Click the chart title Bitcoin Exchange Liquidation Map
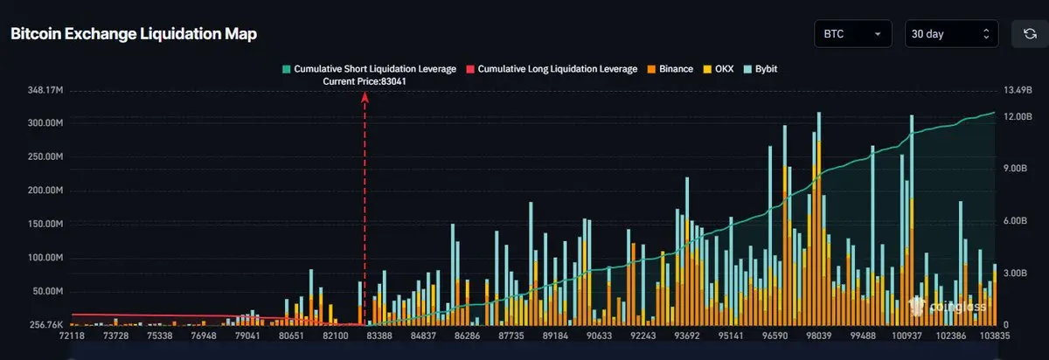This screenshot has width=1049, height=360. tap(133, 34)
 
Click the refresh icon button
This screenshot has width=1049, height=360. tap(1029, 34)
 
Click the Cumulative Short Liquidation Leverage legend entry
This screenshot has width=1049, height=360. tap(368, 68)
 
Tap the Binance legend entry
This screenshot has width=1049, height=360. tap(670, 68)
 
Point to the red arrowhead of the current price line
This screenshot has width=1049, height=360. tap(365, 97)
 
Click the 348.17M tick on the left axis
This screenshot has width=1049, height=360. tap(45, 90)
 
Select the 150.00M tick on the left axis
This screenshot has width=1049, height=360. tap(45, 225)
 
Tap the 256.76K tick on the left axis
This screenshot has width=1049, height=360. tap(45, 324)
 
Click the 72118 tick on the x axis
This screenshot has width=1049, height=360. tap(73, 336)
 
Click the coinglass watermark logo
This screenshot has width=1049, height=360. tap(949, 307)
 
